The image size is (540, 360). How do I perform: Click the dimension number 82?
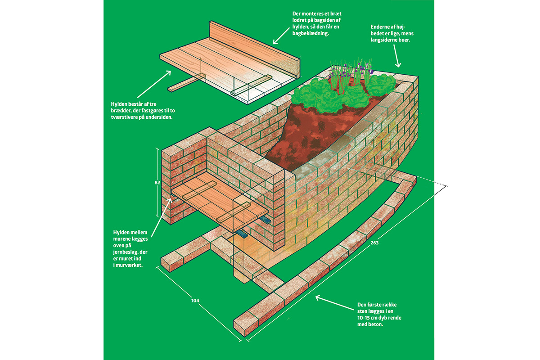click(157, 183)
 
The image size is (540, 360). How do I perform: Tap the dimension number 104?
click(195, 301)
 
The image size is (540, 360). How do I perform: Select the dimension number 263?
click(374, 243)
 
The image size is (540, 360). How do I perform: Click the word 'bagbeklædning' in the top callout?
click(310, 33)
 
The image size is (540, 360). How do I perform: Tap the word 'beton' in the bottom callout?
click(376, 324)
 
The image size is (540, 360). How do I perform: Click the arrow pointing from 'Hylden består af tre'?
click(154, 85)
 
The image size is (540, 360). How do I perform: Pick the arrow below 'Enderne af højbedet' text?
click(397, 56)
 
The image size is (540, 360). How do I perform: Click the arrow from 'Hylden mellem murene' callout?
click(161, 217)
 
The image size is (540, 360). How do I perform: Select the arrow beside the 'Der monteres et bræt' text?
click(281, 36)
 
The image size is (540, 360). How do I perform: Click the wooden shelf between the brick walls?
click(220, 202)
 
